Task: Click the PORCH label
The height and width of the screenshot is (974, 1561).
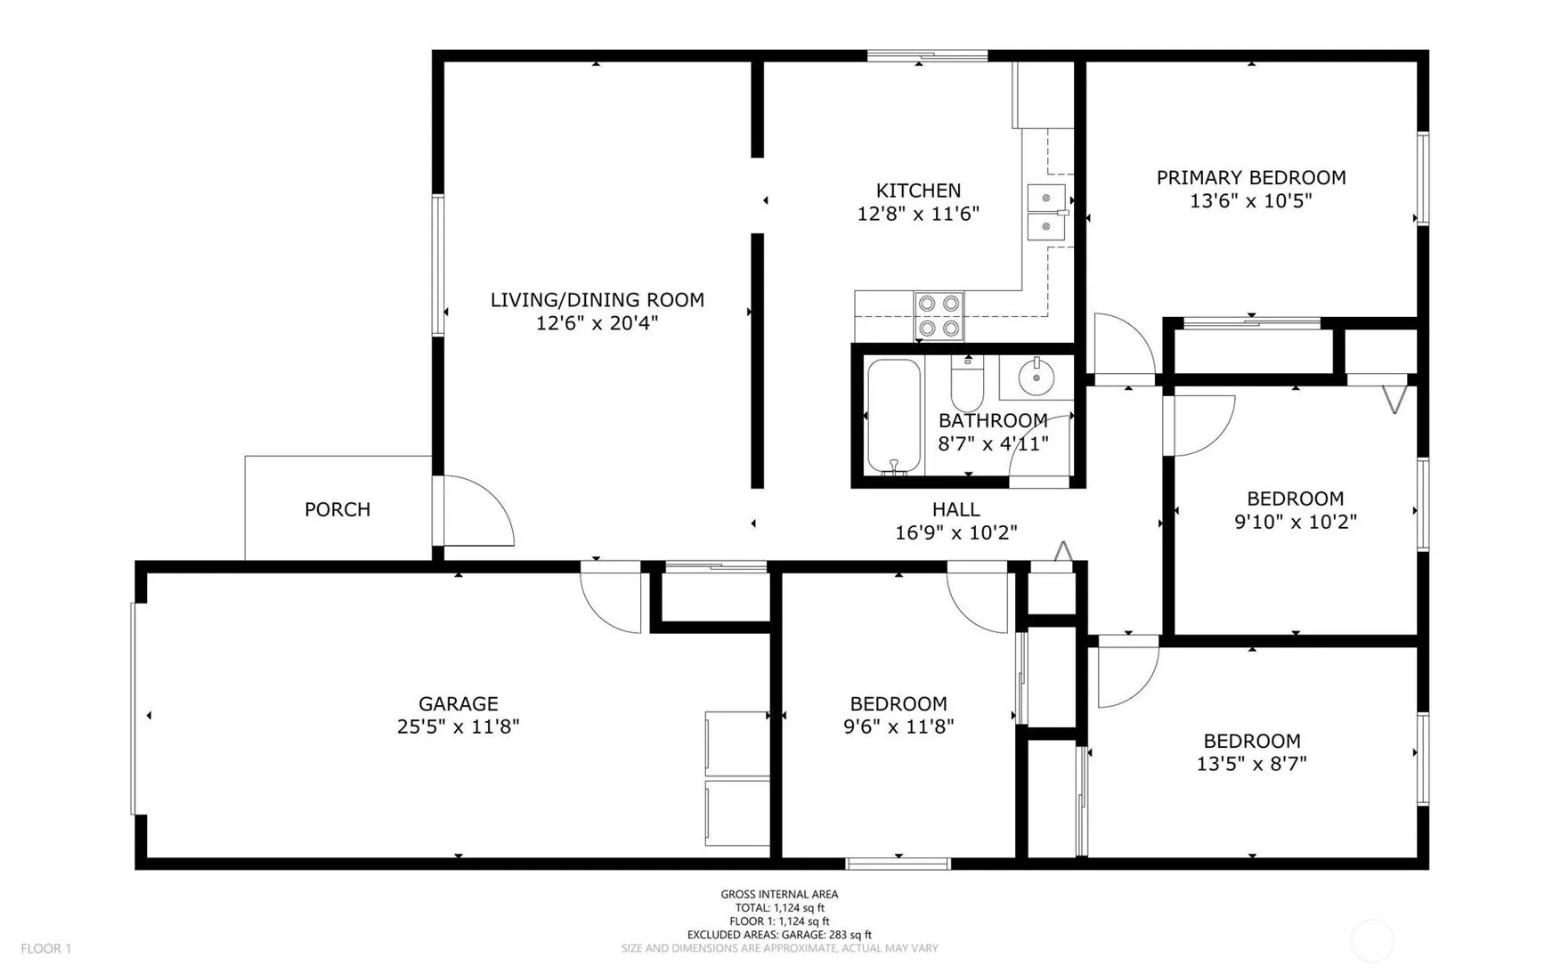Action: pyautogui.click(x=337, y=509)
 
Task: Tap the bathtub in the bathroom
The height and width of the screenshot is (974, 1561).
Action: pyautogui.click(x=894, y=415)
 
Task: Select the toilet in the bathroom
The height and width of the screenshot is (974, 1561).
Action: pyautogui.click(x=967, y=384)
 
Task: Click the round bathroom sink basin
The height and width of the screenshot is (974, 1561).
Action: pyautogui.click(x=1037, y=377)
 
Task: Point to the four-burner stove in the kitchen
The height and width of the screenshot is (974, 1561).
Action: pyautogui.click(x=939, y=316)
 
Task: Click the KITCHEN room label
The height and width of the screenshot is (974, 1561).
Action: pyautogui.click(x=918, y=191)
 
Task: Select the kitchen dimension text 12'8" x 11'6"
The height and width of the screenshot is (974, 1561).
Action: pyautogui.click(x=918, y=214)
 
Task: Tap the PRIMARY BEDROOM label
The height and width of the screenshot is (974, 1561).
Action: pyautogui.click(x=1251, y=177)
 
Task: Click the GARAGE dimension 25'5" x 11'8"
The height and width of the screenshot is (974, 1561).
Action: pyautogui.click(x=458, y=726)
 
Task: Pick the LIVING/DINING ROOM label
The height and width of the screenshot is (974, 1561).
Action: pyautogui.click(x=597, y=300)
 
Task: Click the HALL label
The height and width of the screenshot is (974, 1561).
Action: pyautogui.click(x=956, y=509)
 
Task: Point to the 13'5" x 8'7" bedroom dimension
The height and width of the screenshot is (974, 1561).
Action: pyautogui.click(x=1252, y=764)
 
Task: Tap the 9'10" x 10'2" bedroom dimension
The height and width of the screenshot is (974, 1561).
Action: pyautogui.click(x=1296, y=522)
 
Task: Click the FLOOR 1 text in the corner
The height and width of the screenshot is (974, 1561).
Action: pyautogui.click(x=45, y=949)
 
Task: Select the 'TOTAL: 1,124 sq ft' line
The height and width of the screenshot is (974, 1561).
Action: pyautogui.click(x=779, y=908)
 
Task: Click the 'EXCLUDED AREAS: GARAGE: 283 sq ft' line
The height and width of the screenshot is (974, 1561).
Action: pyautogui.click(x=779, y=935)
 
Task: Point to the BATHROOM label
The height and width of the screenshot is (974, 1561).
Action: pyautogui.click(x=993, y=420)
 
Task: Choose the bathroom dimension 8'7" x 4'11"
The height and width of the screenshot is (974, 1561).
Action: pyautogui.click(x=993, y=443)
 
